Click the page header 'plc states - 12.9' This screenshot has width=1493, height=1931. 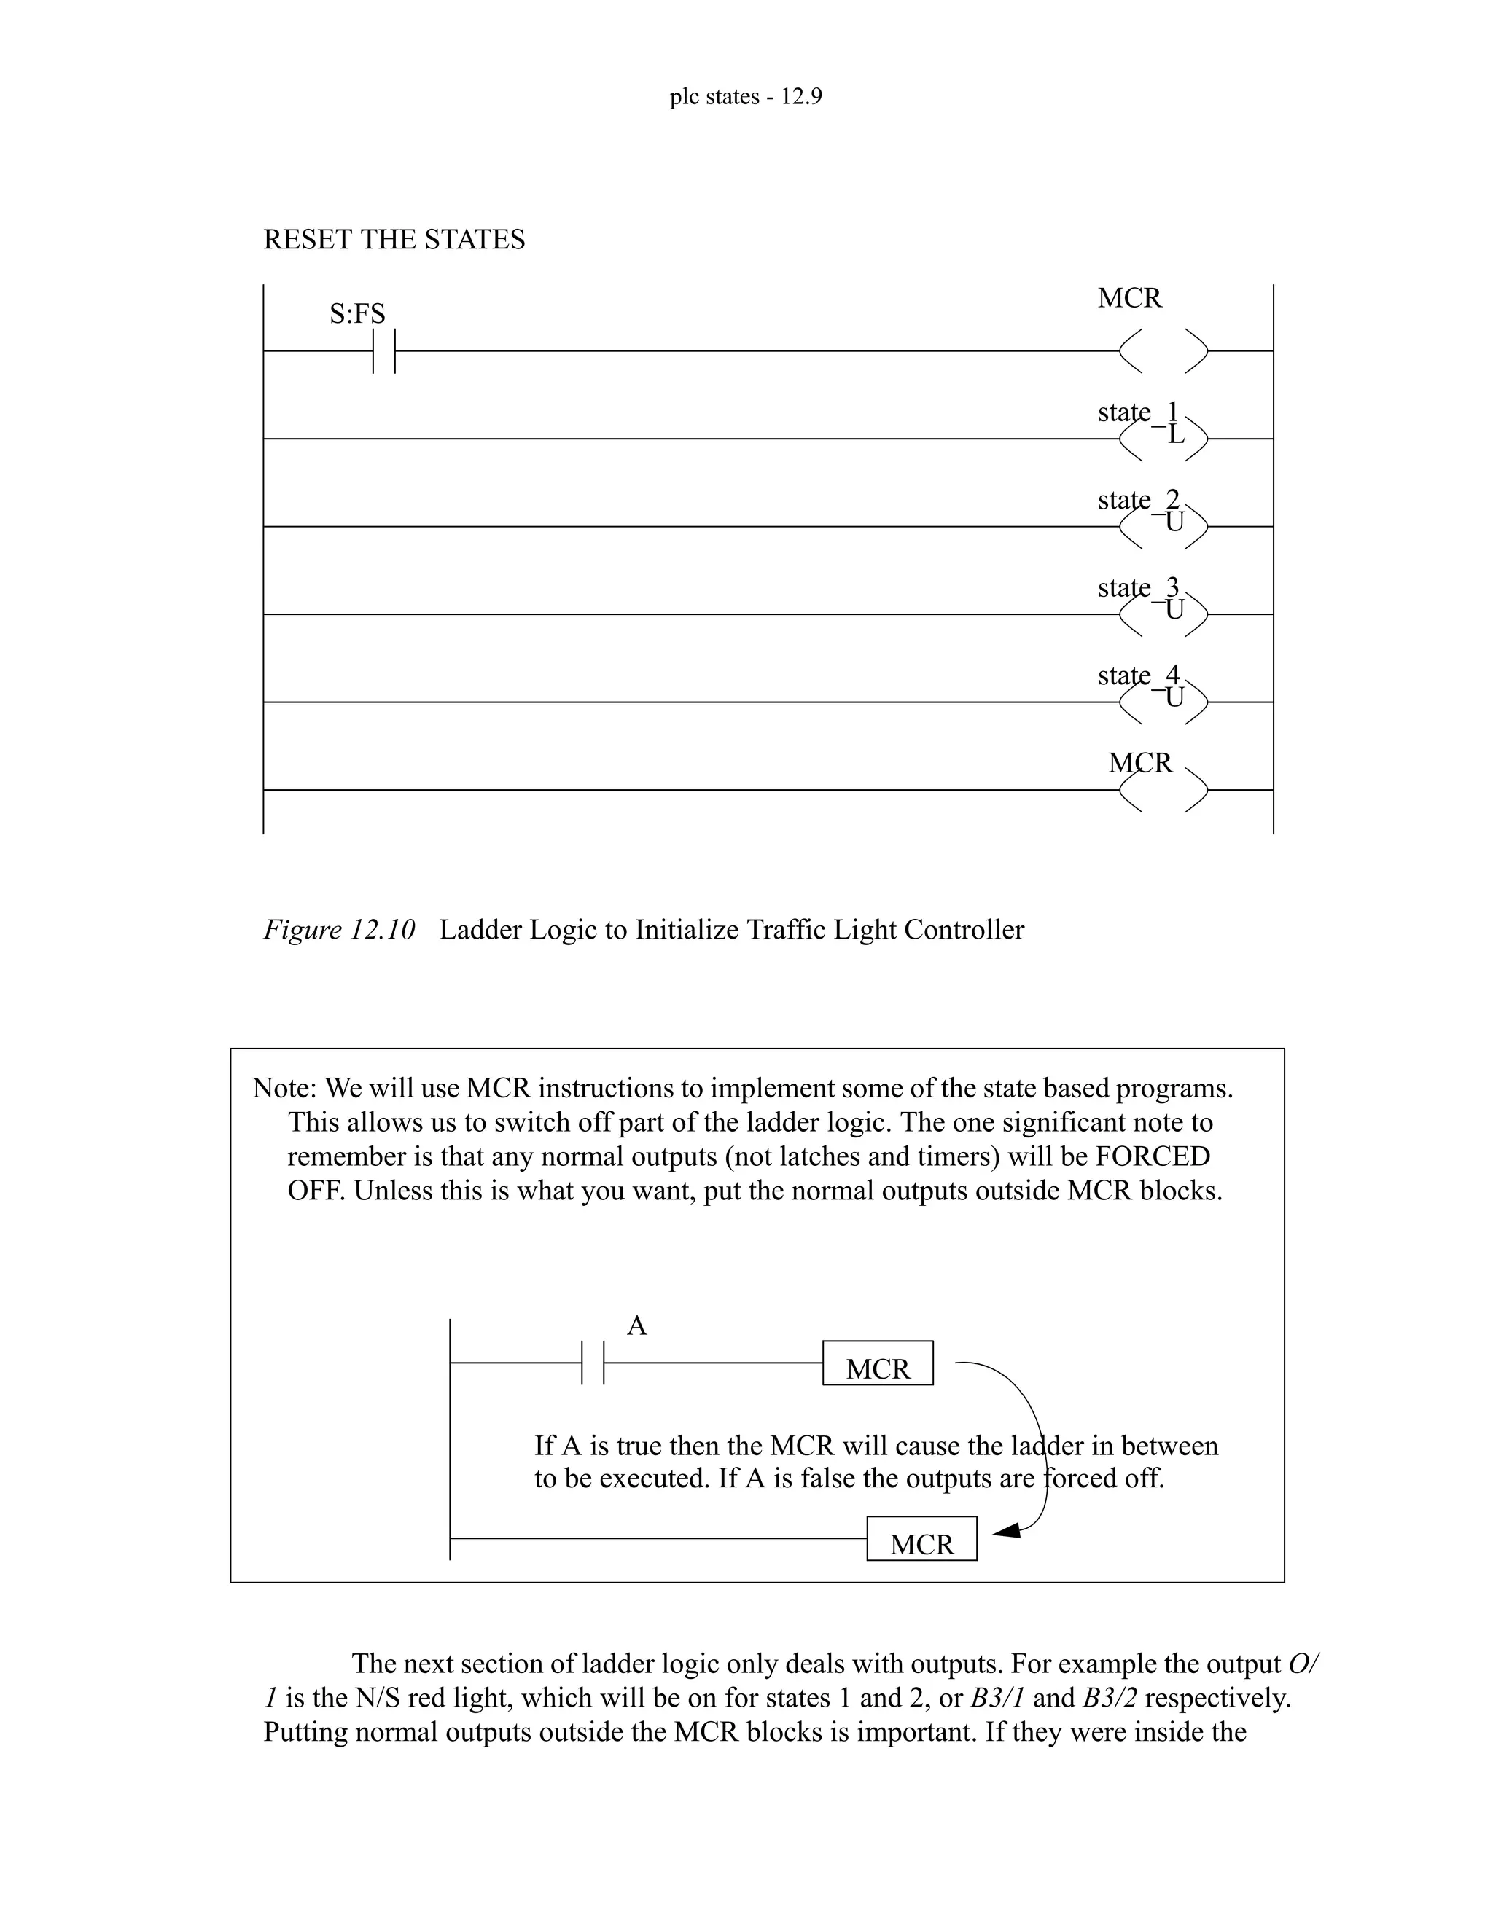(x=746, y=96)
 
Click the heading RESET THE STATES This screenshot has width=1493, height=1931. (x=394, y=240)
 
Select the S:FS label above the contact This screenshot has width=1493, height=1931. (x=357, y=314)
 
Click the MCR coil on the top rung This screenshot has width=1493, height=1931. (x=1163, y=351)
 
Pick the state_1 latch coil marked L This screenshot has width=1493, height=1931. (x=1163, y=438)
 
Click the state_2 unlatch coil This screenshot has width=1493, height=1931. (x=1163, y=526)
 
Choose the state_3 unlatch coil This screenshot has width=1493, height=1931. (x=1163, y=614)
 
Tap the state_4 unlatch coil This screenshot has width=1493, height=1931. (x=1163, y=702)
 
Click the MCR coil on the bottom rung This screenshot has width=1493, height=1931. (x=1163, y=790)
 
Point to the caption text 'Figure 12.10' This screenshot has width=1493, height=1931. (x=339, y=930)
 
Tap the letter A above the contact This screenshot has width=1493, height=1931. (x=637, y=1326)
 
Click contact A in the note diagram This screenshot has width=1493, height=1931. (x=593, y=1363)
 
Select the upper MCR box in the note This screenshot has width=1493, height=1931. (x=878, y=1363)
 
